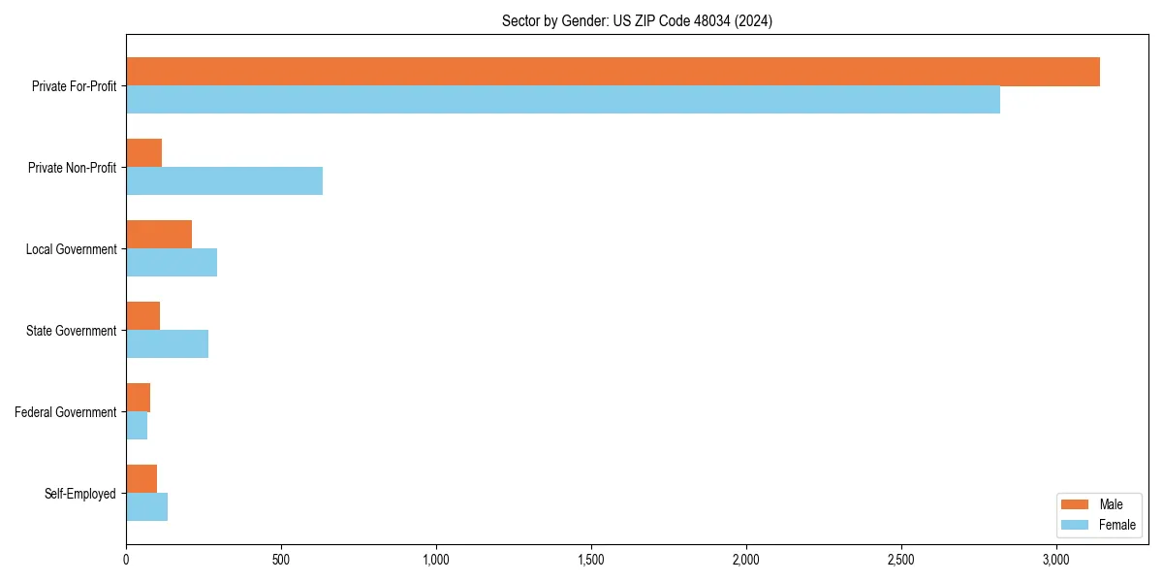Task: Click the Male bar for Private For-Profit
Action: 613,72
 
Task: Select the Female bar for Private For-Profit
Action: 562,100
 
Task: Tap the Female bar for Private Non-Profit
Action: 224,181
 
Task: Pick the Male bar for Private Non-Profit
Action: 143,153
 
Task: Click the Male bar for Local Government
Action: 159,235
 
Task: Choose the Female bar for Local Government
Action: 172,263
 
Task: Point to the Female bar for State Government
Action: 167,344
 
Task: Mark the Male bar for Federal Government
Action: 138,398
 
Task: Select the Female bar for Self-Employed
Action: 146,507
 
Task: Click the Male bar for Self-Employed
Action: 141,479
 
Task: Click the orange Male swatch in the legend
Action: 1076,504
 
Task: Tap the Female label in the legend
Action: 1117,525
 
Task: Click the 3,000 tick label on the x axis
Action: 1056,561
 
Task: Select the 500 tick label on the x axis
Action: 281,561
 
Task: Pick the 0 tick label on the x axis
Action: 126,561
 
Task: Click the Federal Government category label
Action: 66,412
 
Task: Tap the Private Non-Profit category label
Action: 72,168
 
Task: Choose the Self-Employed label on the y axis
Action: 80,494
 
